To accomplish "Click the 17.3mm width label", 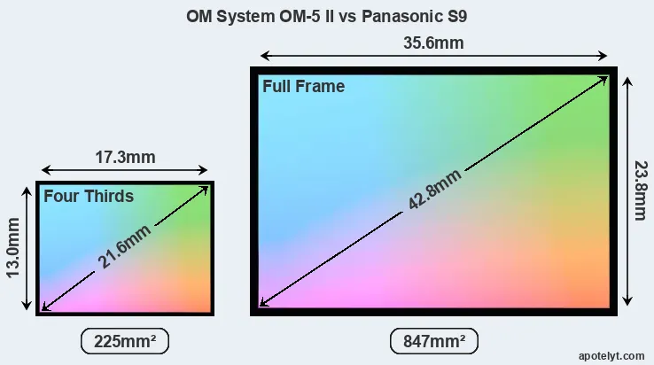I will [125, 158].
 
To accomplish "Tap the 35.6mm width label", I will [433, 43].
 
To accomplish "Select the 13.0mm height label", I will [15, 249].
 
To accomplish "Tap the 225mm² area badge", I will [124, 340].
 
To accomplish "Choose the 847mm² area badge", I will [433, 340].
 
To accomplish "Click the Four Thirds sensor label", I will [89, 196].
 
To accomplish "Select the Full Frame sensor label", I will [303, 87].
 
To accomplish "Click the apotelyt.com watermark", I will [611, 354].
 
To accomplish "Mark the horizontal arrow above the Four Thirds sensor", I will [125, 171].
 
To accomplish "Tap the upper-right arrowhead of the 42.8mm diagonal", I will [604, 79].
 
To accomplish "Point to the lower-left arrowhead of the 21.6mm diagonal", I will [45, 307].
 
